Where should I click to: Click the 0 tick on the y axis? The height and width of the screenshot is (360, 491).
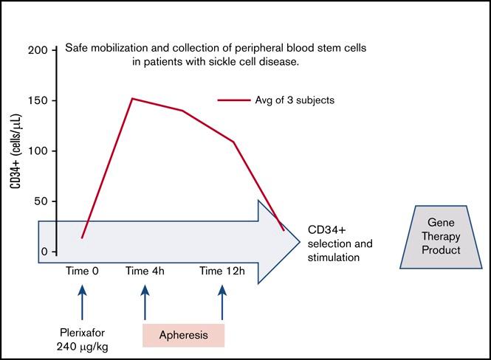pyautogui.click(x=45, y=252)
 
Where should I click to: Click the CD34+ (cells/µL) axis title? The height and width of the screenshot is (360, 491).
pyautogui.click(x=16, y=150)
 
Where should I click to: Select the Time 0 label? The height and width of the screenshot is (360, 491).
pyautogui.click(x=81, y=271)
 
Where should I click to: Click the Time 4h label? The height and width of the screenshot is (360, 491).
pyautogui.click(x=145, y=271)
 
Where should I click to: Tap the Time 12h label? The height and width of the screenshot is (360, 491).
pyautogui.click(x=222, y=271)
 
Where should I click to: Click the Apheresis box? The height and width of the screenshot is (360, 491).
pyautogui.click(x=183, y=334)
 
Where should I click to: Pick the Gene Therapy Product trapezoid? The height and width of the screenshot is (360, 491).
pyautogui.click(x=445, y=236)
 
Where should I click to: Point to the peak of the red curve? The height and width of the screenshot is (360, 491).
pyautogui.click(x=131, y=98)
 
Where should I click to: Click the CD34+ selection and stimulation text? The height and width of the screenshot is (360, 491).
pyautogui.click(x=339, y=243)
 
